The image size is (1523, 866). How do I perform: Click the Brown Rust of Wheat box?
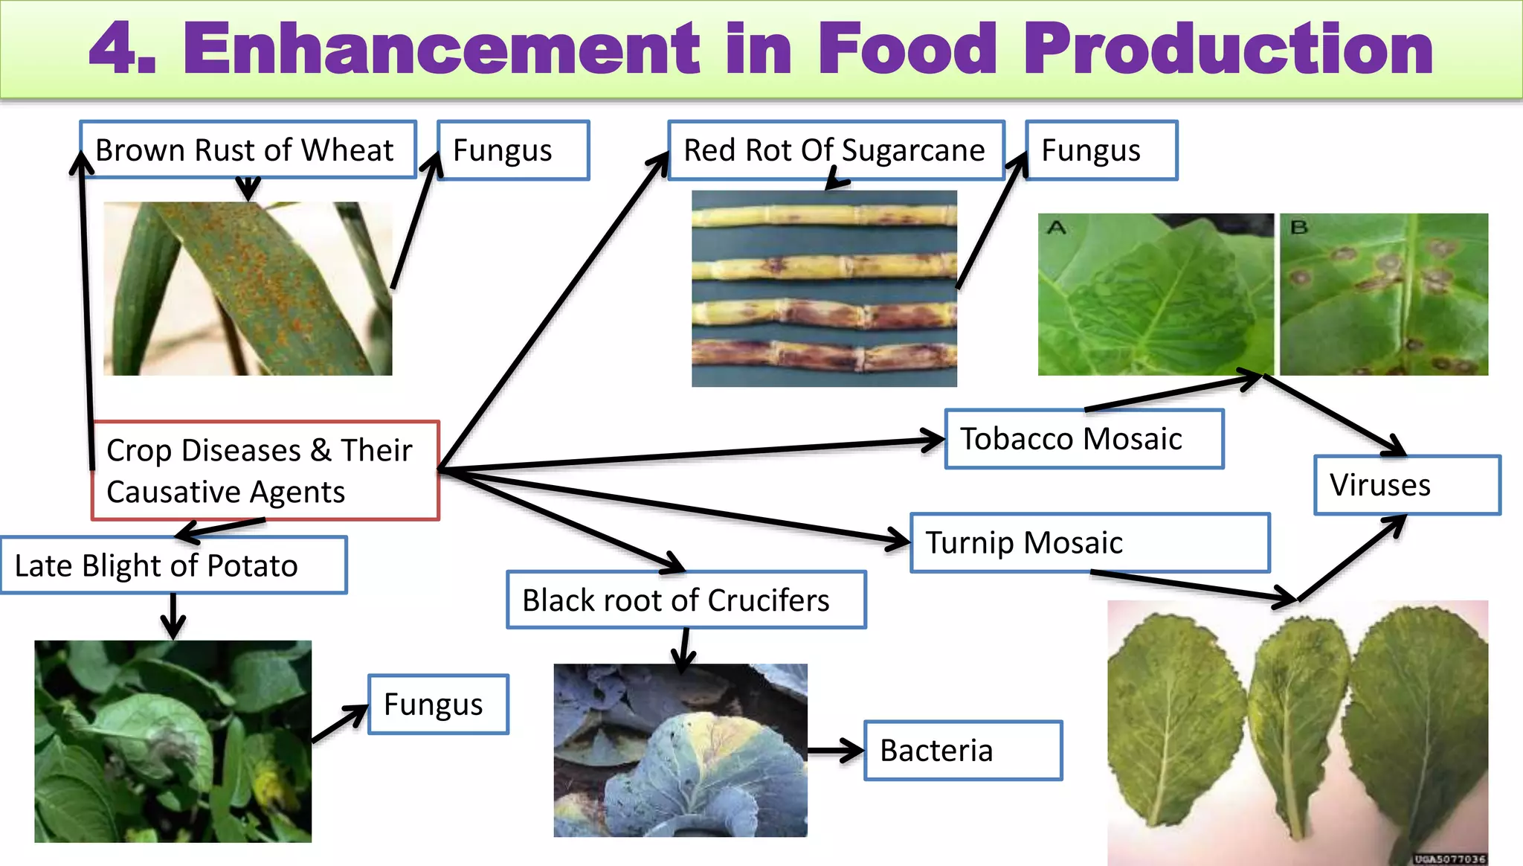tap(248, 150)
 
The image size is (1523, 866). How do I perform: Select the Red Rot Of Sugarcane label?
tap(835, 150)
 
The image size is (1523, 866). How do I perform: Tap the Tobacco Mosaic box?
tap(1084, 439)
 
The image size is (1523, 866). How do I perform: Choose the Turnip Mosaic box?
tap(1089, 542)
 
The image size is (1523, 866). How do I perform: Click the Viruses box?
tap(1406, 485)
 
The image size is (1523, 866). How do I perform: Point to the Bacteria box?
tap(963, 750)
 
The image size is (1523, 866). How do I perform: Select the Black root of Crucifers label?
tap(686, 600)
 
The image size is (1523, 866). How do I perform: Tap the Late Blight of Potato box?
tap(173, 565)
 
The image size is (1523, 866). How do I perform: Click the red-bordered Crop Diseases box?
tap(265, 470)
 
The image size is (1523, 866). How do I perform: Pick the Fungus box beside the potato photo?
tap(438, 704)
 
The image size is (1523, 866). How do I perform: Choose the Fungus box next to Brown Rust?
tap(513, 150)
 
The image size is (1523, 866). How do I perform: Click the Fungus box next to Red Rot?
tap(1101, 150)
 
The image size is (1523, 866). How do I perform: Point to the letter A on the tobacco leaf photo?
tap(1056, 227)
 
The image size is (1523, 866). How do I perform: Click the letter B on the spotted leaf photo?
tap(1298, 227)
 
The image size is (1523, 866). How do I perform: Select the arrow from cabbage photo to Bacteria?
tap(835, 751)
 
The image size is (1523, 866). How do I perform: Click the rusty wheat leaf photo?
tap(248, 289)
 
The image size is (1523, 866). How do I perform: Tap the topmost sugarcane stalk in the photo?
tap(824, 216)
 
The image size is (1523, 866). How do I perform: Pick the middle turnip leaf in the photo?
tap(1298, 722)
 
